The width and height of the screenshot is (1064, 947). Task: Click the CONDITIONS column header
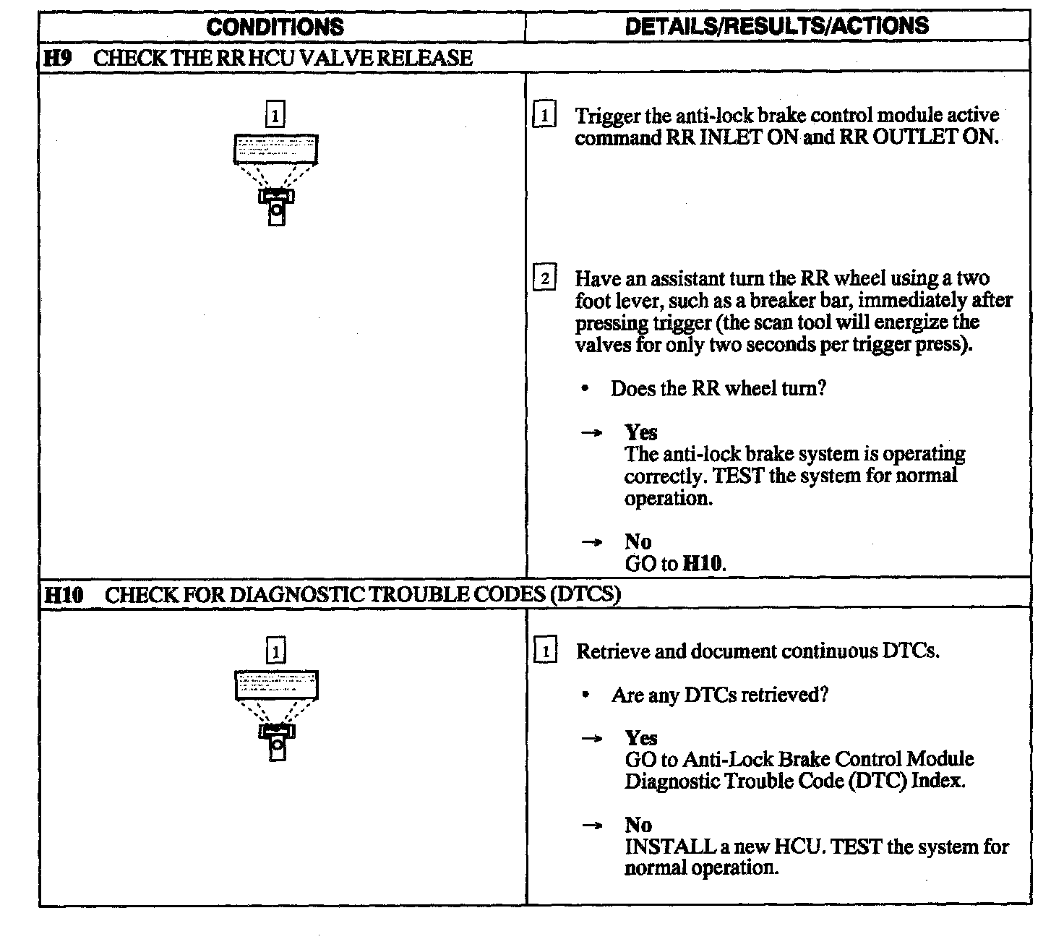click(275, 27)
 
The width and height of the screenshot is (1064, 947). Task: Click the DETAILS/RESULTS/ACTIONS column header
click(776, 26)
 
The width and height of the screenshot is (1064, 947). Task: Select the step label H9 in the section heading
click(58, 58)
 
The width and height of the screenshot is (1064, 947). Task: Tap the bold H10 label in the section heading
click(64, 595)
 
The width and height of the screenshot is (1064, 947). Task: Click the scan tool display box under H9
click(275, 149)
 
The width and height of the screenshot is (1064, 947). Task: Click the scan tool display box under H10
click(276, 685)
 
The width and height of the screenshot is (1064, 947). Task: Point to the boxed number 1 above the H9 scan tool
click(275, 115)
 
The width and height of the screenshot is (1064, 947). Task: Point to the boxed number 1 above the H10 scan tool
click(276, 651)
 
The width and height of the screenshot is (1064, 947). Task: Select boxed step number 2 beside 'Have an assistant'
click(544, 278)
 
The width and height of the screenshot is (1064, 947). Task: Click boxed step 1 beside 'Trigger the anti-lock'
click(544, 116)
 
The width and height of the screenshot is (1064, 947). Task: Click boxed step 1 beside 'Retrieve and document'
click(545, 651)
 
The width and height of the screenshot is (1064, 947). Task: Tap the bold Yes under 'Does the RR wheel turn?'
click(641, 432)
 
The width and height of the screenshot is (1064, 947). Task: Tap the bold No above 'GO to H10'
click(638, 541)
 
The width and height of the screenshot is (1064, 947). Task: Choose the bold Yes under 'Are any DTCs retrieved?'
click(641, 738)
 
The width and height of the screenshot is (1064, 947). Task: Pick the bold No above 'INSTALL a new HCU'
click(638, 825)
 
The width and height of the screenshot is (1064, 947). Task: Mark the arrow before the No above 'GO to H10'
click(592, 542)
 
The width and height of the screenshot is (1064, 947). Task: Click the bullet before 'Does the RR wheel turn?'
click(585, 389)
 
